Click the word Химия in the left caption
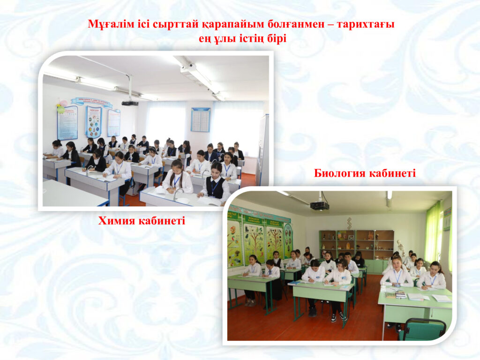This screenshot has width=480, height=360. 116,220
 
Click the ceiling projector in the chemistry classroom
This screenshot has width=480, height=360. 130,103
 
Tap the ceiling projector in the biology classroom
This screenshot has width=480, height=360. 320,205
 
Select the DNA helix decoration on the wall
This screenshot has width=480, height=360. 349,224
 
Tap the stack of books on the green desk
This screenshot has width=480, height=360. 400,295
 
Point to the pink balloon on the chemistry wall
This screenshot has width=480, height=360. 63,103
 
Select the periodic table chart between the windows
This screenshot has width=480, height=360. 201,120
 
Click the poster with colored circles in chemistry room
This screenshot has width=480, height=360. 94,122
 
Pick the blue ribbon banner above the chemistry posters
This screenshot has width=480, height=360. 91,102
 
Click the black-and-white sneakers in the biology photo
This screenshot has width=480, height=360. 338,317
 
